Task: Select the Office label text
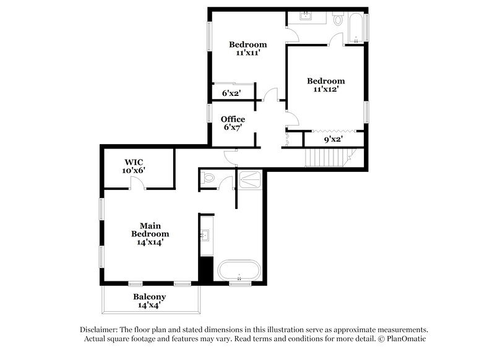(233, 119)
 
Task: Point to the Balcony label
(150, 297)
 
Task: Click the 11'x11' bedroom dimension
(247, 53)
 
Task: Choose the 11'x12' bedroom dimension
(326, 90)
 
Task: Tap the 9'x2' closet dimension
(334, 140)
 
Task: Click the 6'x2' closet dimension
(231, 93)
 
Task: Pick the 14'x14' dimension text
(150, 242)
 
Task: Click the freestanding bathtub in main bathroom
(239, 270)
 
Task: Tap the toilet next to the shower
(209, 179)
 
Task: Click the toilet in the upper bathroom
(338, 21)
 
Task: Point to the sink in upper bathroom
(306, 17)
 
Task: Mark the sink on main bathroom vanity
(207, 235)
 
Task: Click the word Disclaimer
(98, 330)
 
